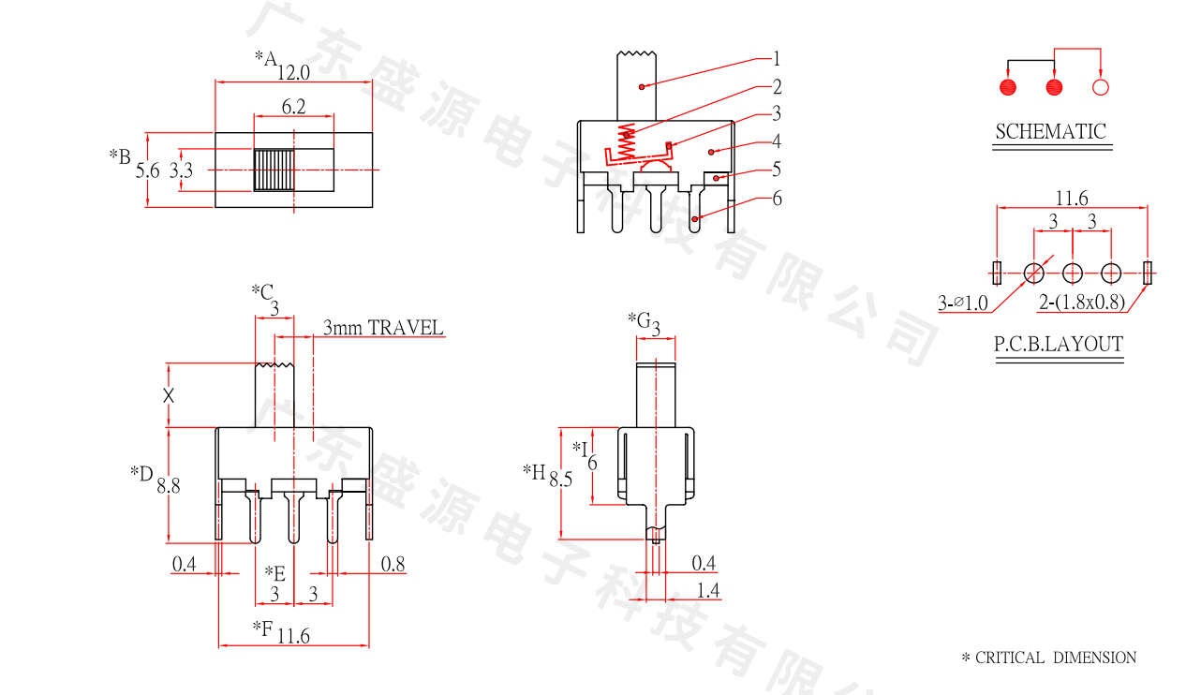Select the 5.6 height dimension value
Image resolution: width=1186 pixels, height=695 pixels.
(x=148, y=170)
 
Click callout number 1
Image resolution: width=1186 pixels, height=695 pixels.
(x=777, y=58)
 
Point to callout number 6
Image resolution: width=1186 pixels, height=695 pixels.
(x=777, y=198)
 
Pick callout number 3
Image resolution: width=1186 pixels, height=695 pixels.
(x=777, y=114)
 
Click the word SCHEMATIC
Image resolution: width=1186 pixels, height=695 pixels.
(x=1050, y=132)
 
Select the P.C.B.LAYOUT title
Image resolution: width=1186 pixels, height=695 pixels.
(x=1059, y=345)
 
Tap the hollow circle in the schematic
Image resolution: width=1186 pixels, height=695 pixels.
(x=1101, y=88)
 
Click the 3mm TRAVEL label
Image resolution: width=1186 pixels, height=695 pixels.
(x=382, y=328)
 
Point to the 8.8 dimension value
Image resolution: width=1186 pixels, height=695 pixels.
(x=169, y=485)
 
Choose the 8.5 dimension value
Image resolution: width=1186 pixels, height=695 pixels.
(x=561, y=480)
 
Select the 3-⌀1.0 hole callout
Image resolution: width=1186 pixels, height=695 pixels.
(x=962, y=303)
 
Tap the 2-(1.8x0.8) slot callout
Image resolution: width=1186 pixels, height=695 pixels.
(x=1082, y=303)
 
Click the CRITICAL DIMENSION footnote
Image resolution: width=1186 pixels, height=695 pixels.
(x=1049, y=658)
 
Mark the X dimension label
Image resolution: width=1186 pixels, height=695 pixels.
(x=169, y=395)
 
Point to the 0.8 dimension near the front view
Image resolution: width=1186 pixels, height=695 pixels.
(x=393, y=564)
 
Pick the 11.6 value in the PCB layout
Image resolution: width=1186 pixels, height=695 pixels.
(x=1072, y=198)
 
